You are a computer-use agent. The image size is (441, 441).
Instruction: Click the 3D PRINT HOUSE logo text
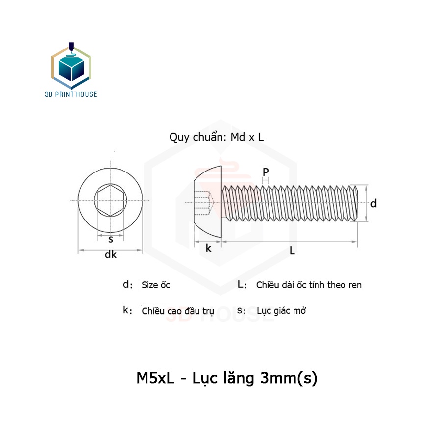[71, 94]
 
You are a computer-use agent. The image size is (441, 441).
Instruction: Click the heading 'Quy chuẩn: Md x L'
[217, 137]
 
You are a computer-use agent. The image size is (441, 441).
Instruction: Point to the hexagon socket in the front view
[110, 200]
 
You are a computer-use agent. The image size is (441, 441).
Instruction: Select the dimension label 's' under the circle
[111, 239]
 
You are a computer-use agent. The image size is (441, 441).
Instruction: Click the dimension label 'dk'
[111, 254]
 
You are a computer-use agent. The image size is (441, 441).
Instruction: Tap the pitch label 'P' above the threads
[266, 172]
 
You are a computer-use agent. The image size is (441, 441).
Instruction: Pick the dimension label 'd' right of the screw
[373, 203]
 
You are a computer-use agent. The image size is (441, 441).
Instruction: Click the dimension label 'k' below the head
[208, 248]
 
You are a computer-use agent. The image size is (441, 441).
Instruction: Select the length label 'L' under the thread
[292, 250]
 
